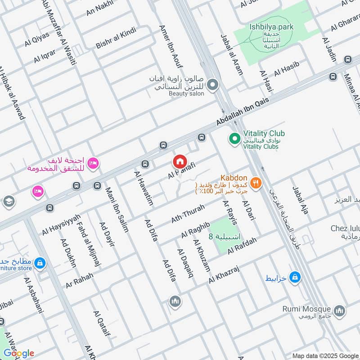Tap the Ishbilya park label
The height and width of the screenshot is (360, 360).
(x=271, y=27)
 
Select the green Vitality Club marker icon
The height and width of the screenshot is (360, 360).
(x=234, y=138)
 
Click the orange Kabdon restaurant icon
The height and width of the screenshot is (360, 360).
(x=256, y=183)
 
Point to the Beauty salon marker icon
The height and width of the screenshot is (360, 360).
(x=213, y=84)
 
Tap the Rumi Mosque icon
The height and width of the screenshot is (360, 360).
(x=340, y=310)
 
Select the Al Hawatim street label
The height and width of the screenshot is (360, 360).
(x=144, y=188)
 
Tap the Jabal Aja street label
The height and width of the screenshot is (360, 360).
(x=300, y=200)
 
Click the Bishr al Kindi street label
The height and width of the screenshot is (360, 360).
(x=115, y=38)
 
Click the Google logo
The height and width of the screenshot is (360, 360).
(x=19, y=353)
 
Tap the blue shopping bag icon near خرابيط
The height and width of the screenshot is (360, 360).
(x=295, y=278)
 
